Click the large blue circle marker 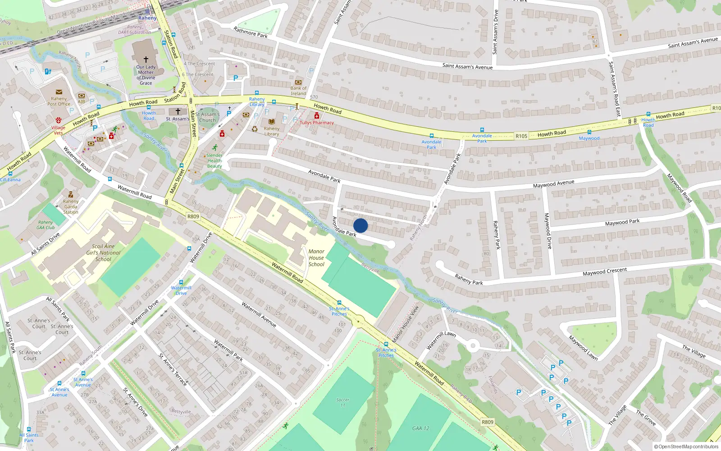[x=360, y=225]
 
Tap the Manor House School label [x=316, y=258]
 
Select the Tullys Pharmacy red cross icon [x=317, y=116]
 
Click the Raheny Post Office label [x=59, y=101]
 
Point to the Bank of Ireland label [x=298, y=91]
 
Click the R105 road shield [x=521, y=136]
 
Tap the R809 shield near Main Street [x=193, y=216]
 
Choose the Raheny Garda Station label [x=71, y=207]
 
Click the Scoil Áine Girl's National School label [x=103, y=253]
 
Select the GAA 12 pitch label [x=421, y=428]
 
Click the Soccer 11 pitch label [x=342, y=402]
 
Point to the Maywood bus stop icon [x=589, y=132]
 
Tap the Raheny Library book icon [x=272, y=122]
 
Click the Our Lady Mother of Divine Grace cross [x=146, y=59]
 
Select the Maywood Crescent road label [x=604, y=272]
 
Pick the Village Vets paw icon [x=58, y=120]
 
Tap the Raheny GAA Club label [x=46, y=225]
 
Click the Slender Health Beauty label [x=214, y=161]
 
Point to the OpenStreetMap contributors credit [x=686, y=446]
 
